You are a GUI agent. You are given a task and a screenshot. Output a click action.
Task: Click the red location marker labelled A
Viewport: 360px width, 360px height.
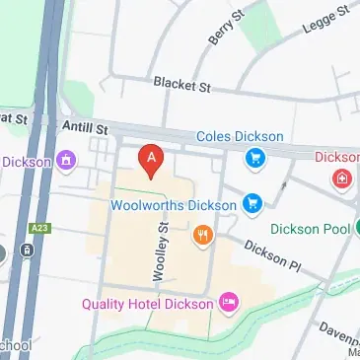[150, 160]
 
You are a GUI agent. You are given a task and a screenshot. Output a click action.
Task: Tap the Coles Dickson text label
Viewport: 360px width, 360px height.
[240, 136]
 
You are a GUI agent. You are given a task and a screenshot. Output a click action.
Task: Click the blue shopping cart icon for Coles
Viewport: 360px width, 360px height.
[254, 157]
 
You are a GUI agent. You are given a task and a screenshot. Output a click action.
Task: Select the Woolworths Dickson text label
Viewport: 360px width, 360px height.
[174, 205]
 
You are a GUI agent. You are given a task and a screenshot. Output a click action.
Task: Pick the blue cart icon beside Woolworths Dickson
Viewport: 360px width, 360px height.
[253, 204]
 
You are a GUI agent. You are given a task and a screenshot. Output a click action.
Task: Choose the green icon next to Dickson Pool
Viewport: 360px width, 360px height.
[343, 229]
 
